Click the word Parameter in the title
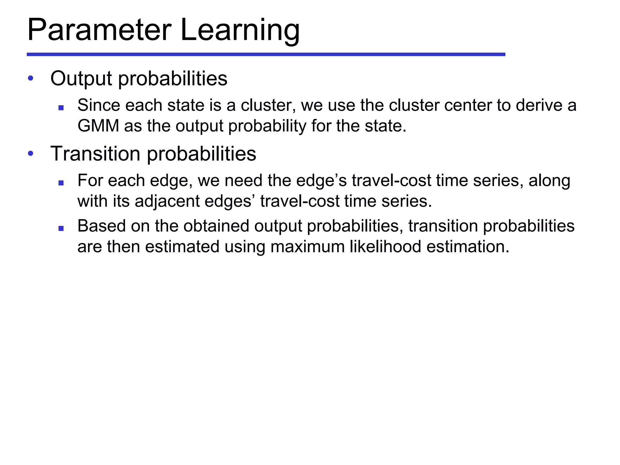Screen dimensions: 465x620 point(99,30)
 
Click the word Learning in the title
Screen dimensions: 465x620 point(240,30)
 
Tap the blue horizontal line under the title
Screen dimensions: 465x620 point(266,54)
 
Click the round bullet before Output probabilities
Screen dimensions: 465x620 point(30,78)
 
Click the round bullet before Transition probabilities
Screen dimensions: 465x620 point(30,153)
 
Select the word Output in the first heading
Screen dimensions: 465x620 point(81,78)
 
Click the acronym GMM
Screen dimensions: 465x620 point(98,126)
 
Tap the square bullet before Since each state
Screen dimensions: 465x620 point(61,107)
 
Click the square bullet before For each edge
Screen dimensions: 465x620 point(61,183)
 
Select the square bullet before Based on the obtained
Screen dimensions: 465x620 point(61,228)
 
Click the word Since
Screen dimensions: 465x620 point(99,105)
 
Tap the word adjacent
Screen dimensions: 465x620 point(167,201)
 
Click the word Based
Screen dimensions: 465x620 point(101,226)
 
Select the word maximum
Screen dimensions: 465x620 point(307,246)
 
